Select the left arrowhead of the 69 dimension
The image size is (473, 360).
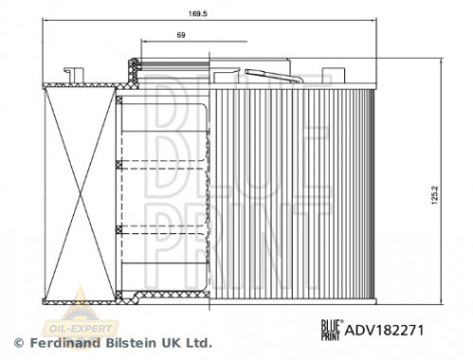click(142, 43)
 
